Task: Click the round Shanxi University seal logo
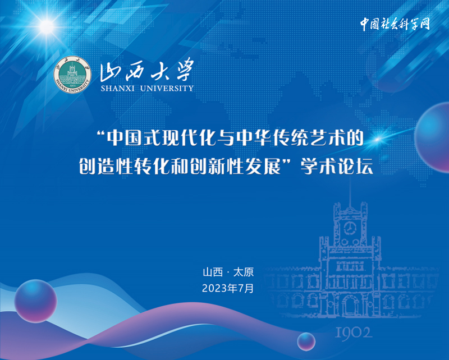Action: tap(72, 74)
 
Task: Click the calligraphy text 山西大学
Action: tap(146, 70)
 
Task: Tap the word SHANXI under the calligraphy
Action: tap(117, 89)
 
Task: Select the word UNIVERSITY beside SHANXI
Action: tap(167, 89)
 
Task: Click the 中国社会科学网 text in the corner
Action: tap(395, 24)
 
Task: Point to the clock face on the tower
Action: tap(349, 228)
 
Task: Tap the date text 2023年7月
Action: tap(228, 288)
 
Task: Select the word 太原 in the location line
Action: tap(244, 272)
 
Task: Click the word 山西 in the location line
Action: tap(213, 272)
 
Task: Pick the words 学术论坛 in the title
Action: tap(337, 167)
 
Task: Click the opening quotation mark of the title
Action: tap(101, 133)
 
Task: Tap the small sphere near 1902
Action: tap(306, 341)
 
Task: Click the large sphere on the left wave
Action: tap(36, 301)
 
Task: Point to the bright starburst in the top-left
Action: tap(47, 26)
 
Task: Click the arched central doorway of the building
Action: tap(350, 306)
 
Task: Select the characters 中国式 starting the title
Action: tap(134, 138)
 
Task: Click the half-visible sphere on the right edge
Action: tap(432, 137)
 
